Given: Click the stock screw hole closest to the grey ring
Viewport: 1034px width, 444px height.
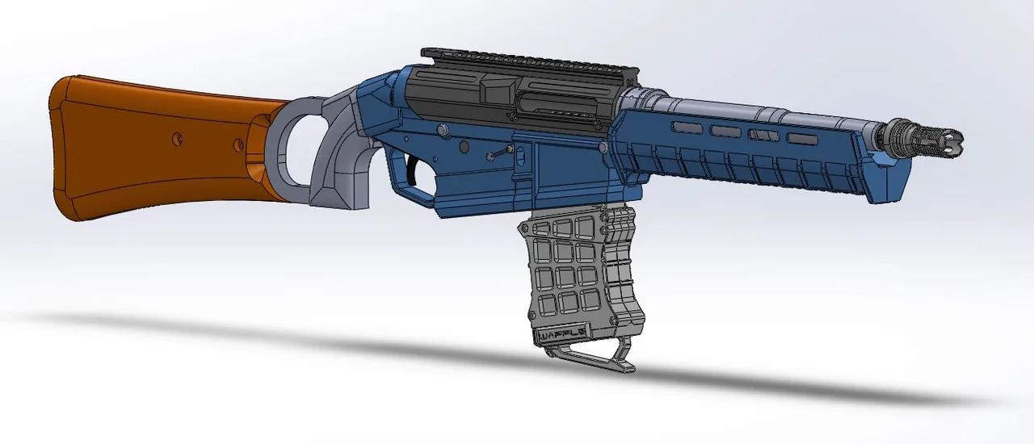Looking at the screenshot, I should click(x=238, y=145).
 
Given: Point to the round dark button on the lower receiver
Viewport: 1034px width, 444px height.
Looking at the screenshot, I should click(x=465, y=147).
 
